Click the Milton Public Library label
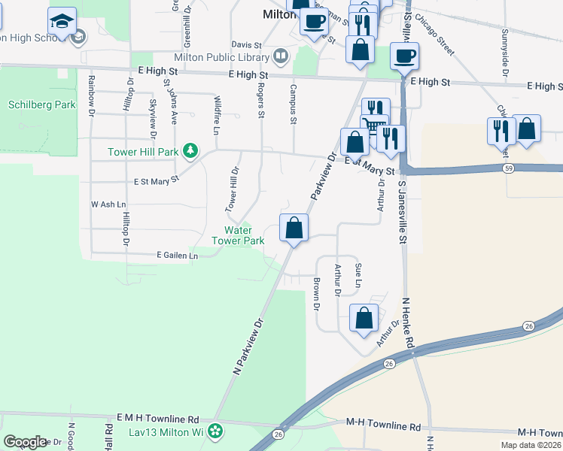(221, 57)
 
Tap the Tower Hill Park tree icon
(192, 152)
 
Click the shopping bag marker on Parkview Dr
(294, 228)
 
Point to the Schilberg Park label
(41, 105)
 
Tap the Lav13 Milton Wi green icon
(216, 431)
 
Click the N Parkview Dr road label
(249, 346)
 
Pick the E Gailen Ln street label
(177, 256)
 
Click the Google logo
(25, 442)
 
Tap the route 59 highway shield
(509, 168)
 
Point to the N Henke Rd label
(408, 322)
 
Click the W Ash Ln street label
(108, 204)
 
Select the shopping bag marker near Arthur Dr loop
(364, 317)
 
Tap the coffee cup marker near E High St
(404, 56)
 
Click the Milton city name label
(275, 14)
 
